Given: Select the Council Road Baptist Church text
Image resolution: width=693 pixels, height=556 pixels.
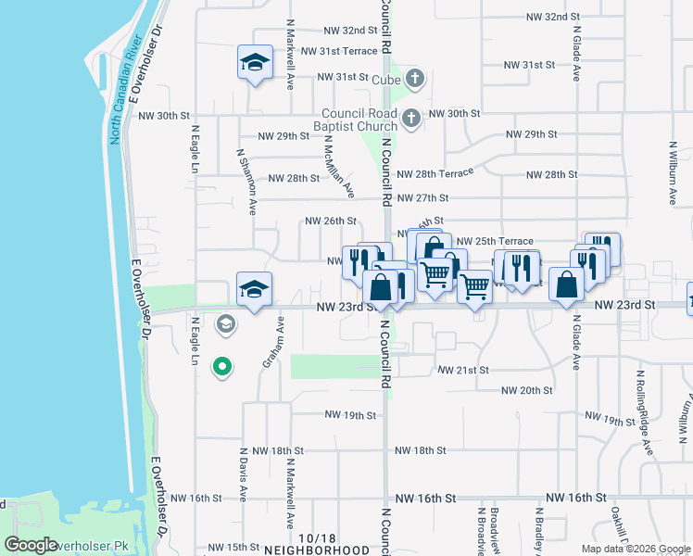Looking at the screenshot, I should (354, 120).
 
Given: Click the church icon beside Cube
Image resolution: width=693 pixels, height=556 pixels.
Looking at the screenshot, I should (414, 79).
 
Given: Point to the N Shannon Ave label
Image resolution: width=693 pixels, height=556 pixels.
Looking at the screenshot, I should (246, 182).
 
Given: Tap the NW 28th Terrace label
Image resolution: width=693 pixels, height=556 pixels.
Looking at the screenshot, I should (435, 173).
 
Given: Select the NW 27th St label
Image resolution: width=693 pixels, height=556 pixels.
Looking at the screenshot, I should (422, 198).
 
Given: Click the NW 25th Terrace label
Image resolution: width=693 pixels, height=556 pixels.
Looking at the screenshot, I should (495, 241).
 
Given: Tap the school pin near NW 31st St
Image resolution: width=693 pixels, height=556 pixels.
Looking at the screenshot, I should (255, 62).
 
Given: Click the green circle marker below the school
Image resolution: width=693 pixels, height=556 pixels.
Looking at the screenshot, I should (221, 368).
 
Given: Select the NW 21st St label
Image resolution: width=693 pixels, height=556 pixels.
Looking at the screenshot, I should (463, 370).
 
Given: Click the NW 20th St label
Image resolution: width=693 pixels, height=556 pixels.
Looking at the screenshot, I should (526, 390).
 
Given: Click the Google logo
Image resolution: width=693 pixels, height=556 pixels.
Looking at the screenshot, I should (31, 545).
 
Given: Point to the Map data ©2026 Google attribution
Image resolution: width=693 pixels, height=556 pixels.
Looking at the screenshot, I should (635, 549).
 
